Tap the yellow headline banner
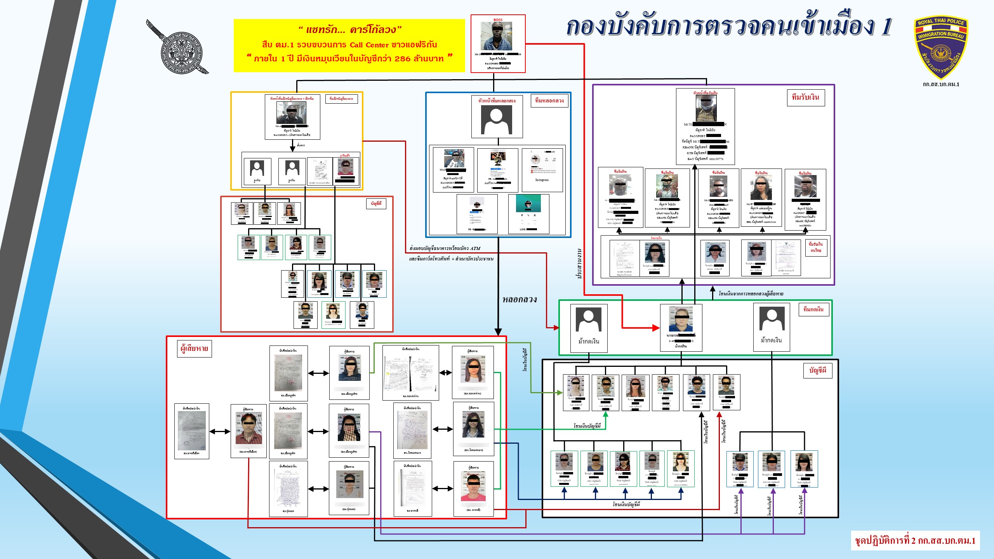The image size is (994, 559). pos(349,45)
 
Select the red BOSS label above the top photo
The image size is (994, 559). pos(498,20)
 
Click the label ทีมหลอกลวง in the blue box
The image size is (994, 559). pos(549,101)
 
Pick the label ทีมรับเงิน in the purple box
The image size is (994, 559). pos(806,97)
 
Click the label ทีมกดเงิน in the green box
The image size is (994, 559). pos(813,309)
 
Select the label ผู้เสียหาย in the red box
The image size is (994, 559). pos(194,349)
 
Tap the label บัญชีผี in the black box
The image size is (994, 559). pos(817,370)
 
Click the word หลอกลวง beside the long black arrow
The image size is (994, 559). pos(520,299)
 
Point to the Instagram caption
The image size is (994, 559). pos(542,180)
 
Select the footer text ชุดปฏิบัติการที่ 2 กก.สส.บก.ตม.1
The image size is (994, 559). pos(915,541)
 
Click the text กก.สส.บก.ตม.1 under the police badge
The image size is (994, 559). pos(941,84)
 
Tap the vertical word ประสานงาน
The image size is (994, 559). pos(579,264)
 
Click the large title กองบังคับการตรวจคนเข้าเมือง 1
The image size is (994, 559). pos(728,27)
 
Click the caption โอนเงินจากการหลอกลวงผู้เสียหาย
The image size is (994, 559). pos(751,294)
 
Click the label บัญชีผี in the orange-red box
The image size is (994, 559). pos(376,203)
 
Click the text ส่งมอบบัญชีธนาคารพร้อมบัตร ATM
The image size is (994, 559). pos(445,248)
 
